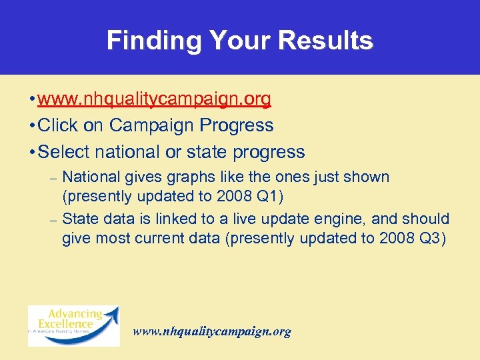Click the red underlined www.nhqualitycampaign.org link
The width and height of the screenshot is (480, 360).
(154, 99)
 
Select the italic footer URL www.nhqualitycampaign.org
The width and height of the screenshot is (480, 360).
(212, 331)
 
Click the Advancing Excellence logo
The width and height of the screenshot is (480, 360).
(73, 325)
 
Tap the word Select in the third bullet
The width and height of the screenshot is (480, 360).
(64, 152)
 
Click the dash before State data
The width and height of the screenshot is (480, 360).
(54, 219)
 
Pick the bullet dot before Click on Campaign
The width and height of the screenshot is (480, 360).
(32, 125)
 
